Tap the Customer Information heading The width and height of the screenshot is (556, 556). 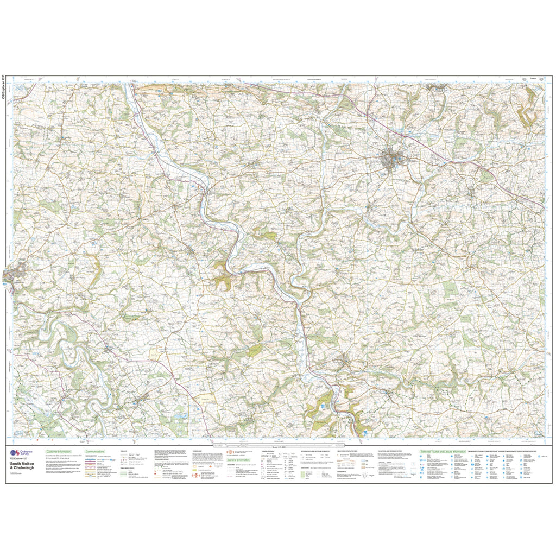pos(59,452)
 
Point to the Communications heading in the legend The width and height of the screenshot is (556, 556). pos(94,452)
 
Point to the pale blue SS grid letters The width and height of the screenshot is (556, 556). pos(19,87)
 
